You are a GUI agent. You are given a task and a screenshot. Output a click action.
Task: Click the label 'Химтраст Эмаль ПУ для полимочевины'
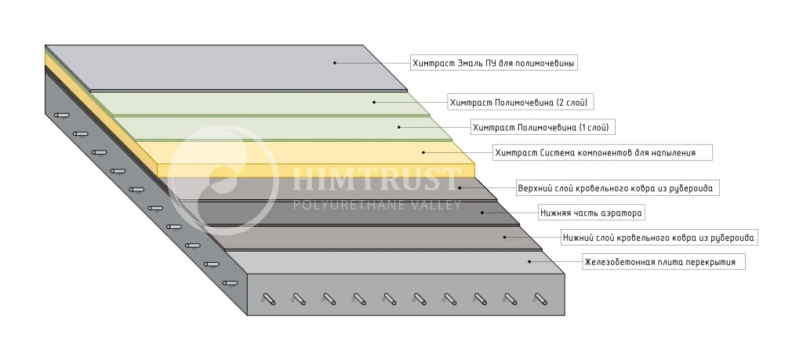coord(494,62)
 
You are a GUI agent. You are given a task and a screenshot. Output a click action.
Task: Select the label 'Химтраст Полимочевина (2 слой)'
coord(518,102)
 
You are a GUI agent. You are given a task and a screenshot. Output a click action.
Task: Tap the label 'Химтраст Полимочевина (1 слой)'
coord(541,126)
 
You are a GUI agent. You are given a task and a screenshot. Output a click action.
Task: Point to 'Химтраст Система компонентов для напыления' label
coord(601,152)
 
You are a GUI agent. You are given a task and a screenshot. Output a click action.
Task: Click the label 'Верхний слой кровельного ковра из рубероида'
coord(618,188)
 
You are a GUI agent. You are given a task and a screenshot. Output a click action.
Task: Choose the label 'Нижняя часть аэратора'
coord(587,213)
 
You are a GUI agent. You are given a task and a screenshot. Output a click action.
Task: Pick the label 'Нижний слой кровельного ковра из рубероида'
coord(659,237)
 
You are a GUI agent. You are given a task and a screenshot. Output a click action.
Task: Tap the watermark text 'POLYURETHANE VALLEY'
coord(376,205)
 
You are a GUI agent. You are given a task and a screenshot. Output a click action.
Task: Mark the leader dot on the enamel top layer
coord(334,62)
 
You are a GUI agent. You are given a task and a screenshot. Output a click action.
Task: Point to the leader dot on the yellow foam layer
coord(423,152)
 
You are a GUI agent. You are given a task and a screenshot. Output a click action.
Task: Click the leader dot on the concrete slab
coord(530,262)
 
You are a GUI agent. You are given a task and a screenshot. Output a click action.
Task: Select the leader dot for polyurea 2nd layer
coord(374,102)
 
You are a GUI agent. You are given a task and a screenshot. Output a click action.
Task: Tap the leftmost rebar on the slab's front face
coord(269,298)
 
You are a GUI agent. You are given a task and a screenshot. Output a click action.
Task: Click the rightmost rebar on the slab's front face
coord(540,298)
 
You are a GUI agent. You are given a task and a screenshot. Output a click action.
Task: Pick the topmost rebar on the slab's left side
coord(61,116)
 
